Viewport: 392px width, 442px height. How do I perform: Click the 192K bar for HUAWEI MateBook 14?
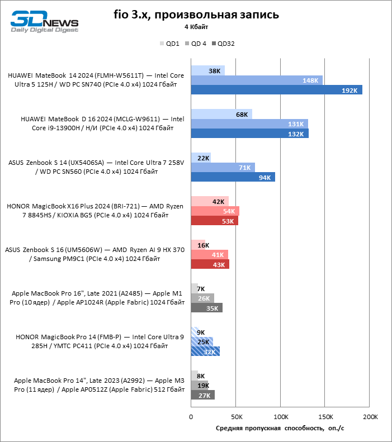pos(277,90)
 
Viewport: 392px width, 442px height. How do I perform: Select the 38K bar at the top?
pos(208,70)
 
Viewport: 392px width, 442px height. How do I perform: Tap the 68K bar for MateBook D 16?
pos(221,114)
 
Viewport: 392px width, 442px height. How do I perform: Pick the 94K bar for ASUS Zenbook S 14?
pos(233,177)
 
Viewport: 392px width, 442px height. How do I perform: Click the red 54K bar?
pos(215,211)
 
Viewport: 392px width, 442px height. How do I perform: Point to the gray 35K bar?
pos(207,308)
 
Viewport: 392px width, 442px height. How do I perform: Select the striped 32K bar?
pos(205,351)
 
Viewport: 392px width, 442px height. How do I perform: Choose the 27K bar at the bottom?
pos(203,395)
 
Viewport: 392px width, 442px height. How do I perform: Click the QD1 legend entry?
pos(169,44)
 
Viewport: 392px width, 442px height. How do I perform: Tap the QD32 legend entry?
pos(223,44)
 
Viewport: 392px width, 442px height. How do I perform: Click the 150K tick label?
pos(325,417)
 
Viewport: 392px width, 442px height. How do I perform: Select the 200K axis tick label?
pos(370,417)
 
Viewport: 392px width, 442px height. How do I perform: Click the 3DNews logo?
pos(45,21)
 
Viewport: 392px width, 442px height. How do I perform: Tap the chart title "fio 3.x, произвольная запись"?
pos(196,15)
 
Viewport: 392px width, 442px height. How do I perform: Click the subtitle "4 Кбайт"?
pos(196,27)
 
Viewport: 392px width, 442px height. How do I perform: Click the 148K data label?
pos(310,80)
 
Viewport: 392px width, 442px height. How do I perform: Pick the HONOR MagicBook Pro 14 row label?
pos(100,341)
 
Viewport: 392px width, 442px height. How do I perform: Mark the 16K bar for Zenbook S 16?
pos(199,245)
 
